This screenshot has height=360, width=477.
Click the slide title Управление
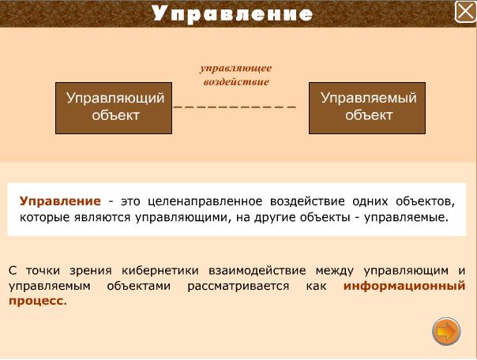point(232,14)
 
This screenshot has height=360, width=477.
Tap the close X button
point(465,12)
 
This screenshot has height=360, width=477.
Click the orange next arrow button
point(446,332)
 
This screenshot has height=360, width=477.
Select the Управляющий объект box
point(114,108)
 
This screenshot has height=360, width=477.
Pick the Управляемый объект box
point(367,108)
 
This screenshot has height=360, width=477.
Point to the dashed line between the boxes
point(235,107)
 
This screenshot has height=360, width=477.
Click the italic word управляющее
point(236,68)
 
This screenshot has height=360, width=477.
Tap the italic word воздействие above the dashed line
point(236,82)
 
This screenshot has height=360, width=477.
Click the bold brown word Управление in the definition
point(60,201)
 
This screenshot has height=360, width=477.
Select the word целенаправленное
point(205,202)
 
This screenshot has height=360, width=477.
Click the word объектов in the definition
point(426,202)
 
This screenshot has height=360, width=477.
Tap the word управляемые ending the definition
point(406,218)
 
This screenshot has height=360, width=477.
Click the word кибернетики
point(160,271)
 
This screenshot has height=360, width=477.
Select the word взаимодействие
point(257,271)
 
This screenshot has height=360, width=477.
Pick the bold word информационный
point(404,286)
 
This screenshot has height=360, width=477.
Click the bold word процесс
point(36,302)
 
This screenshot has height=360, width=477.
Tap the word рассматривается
point(238,287)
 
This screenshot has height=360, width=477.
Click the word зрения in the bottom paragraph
point(91,271)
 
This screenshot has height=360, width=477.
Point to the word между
point(335,271)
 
